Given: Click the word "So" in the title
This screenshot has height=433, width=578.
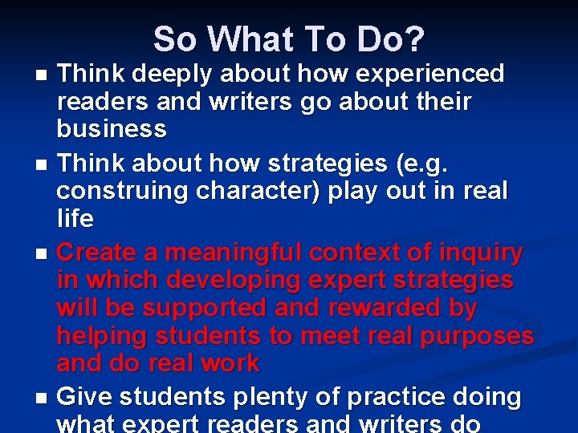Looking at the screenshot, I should pos(174,38).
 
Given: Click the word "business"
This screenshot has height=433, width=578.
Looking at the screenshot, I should pos(112,128).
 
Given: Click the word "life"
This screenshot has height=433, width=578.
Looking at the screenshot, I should pos(75,218).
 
